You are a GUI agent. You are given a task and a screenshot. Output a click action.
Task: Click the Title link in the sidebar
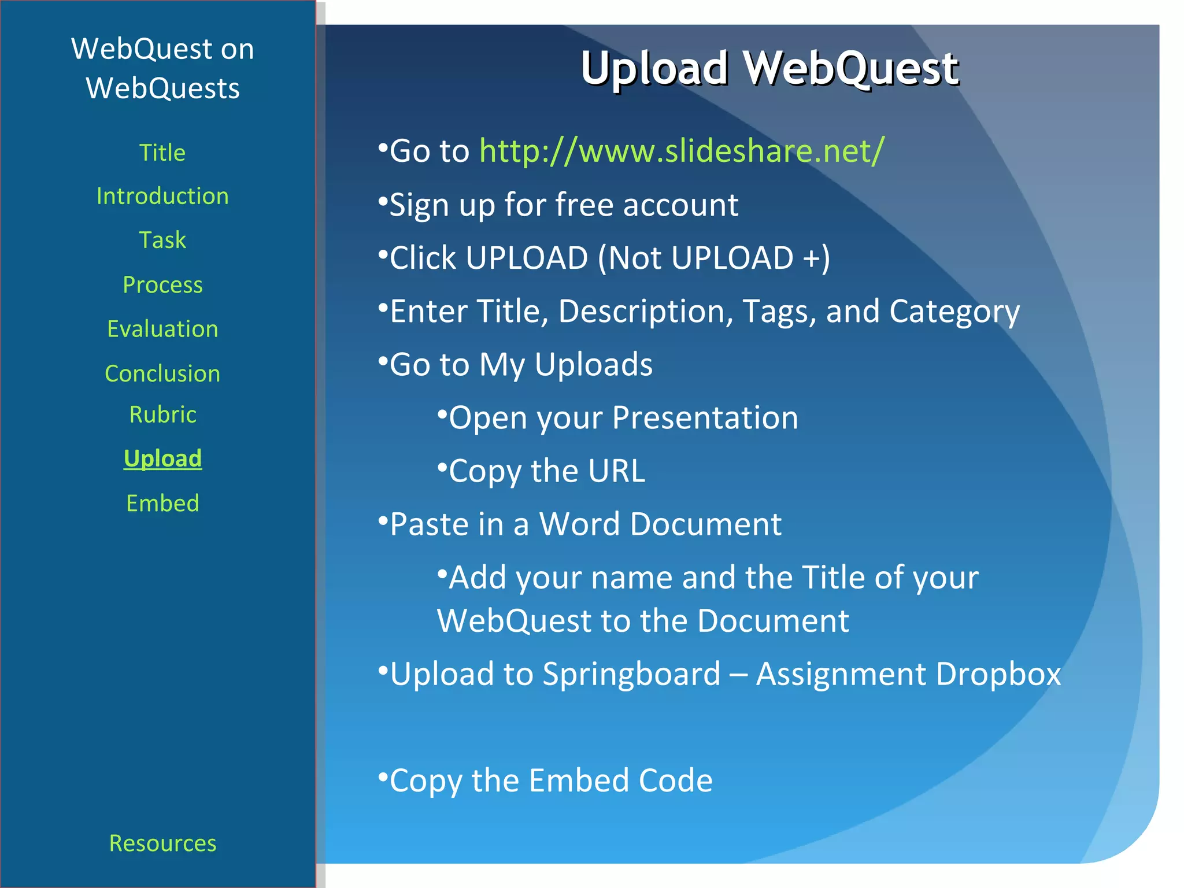tap(162, 153)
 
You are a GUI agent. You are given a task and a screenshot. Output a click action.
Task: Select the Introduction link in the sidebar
tap(162, 197)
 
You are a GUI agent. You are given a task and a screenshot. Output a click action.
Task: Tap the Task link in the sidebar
tap(162, 240)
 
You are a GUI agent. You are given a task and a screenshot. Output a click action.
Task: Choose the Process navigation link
tap(162, 285)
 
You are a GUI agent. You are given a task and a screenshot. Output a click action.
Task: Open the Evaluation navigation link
tap(162, 329)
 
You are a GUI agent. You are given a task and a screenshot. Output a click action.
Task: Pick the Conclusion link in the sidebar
tap(162, 373)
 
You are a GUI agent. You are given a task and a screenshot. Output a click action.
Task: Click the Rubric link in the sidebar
tap(162, 415)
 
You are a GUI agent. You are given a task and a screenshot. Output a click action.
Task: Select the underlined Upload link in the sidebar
tap(162, 458)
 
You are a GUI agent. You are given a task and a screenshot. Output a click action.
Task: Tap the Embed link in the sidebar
tap(162, 503)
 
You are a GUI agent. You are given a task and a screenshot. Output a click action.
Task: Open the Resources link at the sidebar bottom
tap(162, 843)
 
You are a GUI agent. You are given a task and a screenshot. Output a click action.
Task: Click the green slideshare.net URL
tap(682, 151)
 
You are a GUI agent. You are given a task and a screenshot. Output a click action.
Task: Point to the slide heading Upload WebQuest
tap(769, 68)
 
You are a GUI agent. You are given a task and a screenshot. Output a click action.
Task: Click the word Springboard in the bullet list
tap(631, 674)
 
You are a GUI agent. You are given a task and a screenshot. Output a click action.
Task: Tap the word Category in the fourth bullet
tap(954, 312)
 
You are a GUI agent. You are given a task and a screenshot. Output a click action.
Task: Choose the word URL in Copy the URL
tap(617, 471)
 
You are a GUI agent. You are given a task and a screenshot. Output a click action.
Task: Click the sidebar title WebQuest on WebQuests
tap(162, 68)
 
